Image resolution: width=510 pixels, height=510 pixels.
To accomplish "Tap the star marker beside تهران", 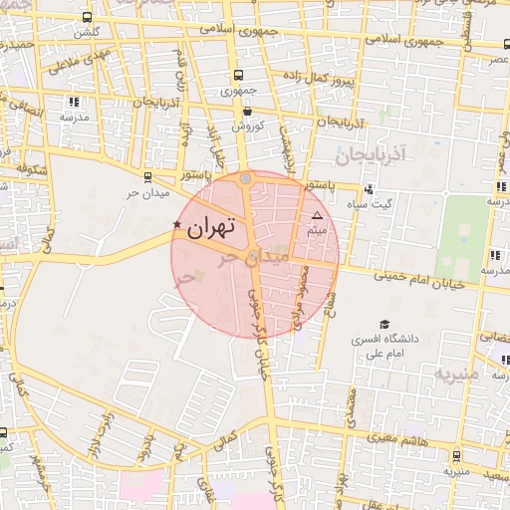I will (177, 225).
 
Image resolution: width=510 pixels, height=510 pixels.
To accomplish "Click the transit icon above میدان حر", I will (148, 177).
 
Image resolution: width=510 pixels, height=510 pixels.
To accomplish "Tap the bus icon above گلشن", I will (88, 17).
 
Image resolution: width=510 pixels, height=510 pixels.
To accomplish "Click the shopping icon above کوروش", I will (246, 111).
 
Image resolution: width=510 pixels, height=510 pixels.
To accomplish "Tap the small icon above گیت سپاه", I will (369, 189).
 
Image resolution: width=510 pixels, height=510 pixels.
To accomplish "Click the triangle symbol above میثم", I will (318, 215).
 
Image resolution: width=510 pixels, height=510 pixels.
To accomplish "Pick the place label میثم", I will (318, 231).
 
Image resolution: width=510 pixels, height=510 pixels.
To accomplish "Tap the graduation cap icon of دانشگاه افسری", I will (384, 324).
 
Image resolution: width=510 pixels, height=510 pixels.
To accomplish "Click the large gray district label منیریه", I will (456, 373).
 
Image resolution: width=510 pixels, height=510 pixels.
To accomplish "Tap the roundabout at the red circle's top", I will (246, 179).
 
